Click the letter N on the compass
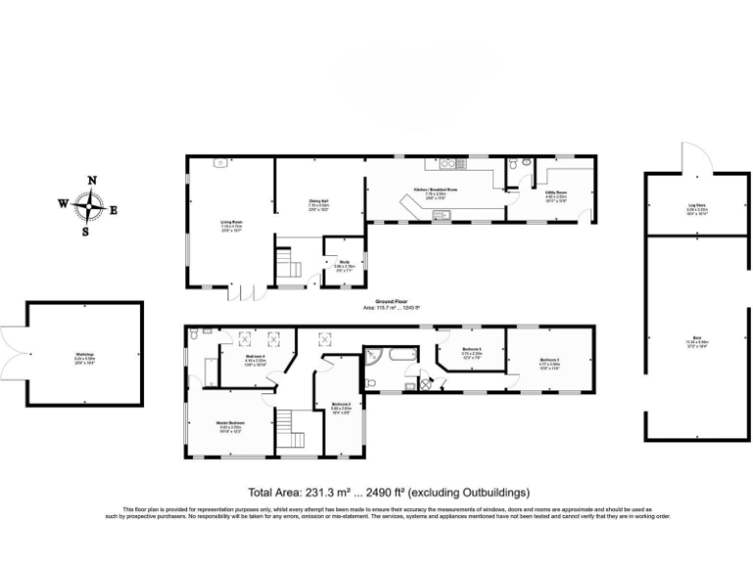pos(92,180)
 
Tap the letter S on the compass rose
pos(86,232)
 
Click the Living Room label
pos(231,223)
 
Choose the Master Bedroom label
pos(230,424)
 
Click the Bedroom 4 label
pos(255,358)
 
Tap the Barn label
pos(696,337)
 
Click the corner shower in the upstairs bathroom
pos(374,354)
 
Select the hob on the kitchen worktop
pos(449,162)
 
